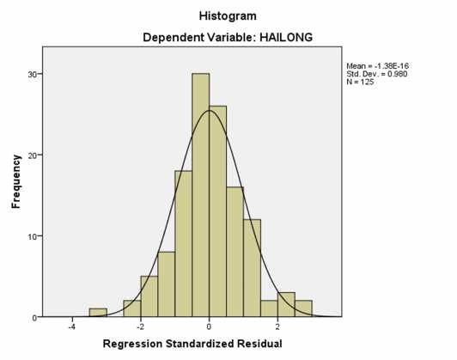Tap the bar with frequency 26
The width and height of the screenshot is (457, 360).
(x=217, y=211)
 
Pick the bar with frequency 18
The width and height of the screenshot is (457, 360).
(x=183, y=244)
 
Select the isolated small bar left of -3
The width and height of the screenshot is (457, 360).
(x=98, y=313)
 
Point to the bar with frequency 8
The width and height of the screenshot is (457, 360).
(x=166, y=284)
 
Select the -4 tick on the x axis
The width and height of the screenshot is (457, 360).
(x=72, y=327)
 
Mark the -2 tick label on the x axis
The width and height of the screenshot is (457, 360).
(x=140, y=327)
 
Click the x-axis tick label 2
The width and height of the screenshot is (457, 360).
(x=277, y=327)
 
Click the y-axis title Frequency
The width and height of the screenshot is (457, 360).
(x=15, y=182)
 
